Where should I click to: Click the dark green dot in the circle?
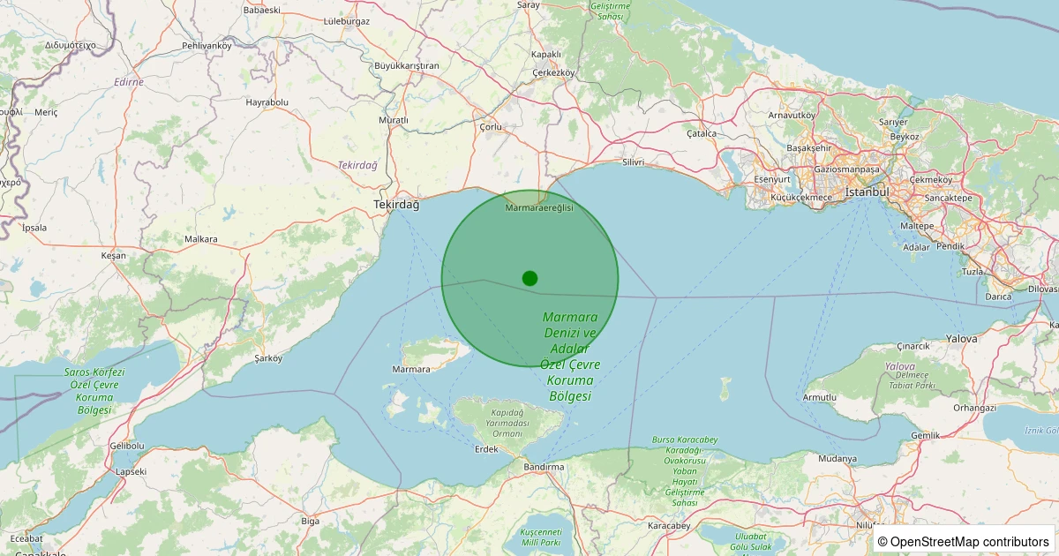tap(529, 278)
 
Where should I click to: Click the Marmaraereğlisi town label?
tap(539, 208)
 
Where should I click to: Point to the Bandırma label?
tap(544, 466)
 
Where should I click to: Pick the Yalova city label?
tap(961, 338)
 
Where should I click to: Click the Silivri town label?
tap(634, 162)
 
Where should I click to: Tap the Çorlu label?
tap(491, 126)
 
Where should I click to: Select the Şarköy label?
tap(267, 358)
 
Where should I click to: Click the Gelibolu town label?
tap(127, 446)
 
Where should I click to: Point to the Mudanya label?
tap(837, 459)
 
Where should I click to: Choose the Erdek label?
tap(487, 449)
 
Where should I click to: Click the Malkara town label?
tap(201, 239)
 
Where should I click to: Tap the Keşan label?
tap(114, 255)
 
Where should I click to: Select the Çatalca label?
tap(702, 133)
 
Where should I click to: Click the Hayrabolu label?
tap(267, 102)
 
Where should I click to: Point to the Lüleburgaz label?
tap(347, 20)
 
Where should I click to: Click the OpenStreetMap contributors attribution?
tap(965, 541)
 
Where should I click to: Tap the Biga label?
tap(311, 521)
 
